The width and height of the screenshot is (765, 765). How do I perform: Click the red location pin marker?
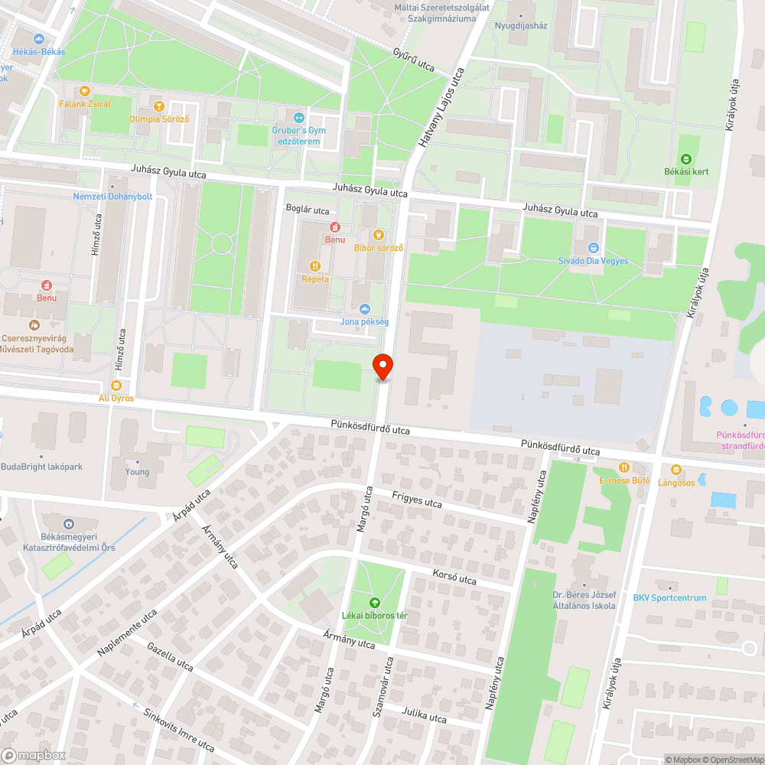coord(382,366)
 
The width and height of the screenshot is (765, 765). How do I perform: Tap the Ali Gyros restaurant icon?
coord(116,386)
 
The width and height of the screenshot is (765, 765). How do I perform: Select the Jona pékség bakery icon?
coord(365,309)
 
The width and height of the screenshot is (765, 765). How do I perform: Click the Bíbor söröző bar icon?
coord(378,235)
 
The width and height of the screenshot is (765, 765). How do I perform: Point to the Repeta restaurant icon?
coord(314,266)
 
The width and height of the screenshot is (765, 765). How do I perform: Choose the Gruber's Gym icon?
coord(298,118)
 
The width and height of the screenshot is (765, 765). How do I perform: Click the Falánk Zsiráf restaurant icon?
coord(85,90)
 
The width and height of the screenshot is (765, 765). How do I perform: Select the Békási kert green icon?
coord(686,159)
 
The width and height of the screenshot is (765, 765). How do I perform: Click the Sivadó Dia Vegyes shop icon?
coord(593,248)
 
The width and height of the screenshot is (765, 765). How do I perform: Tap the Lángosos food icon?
coord(675,470)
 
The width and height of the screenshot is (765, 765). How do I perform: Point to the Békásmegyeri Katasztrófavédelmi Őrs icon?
coord(69,524)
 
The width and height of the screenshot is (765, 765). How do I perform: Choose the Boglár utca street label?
coord(307,210)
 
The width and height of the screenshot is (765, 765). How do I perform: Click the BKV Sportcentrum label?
coord(669,598)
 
